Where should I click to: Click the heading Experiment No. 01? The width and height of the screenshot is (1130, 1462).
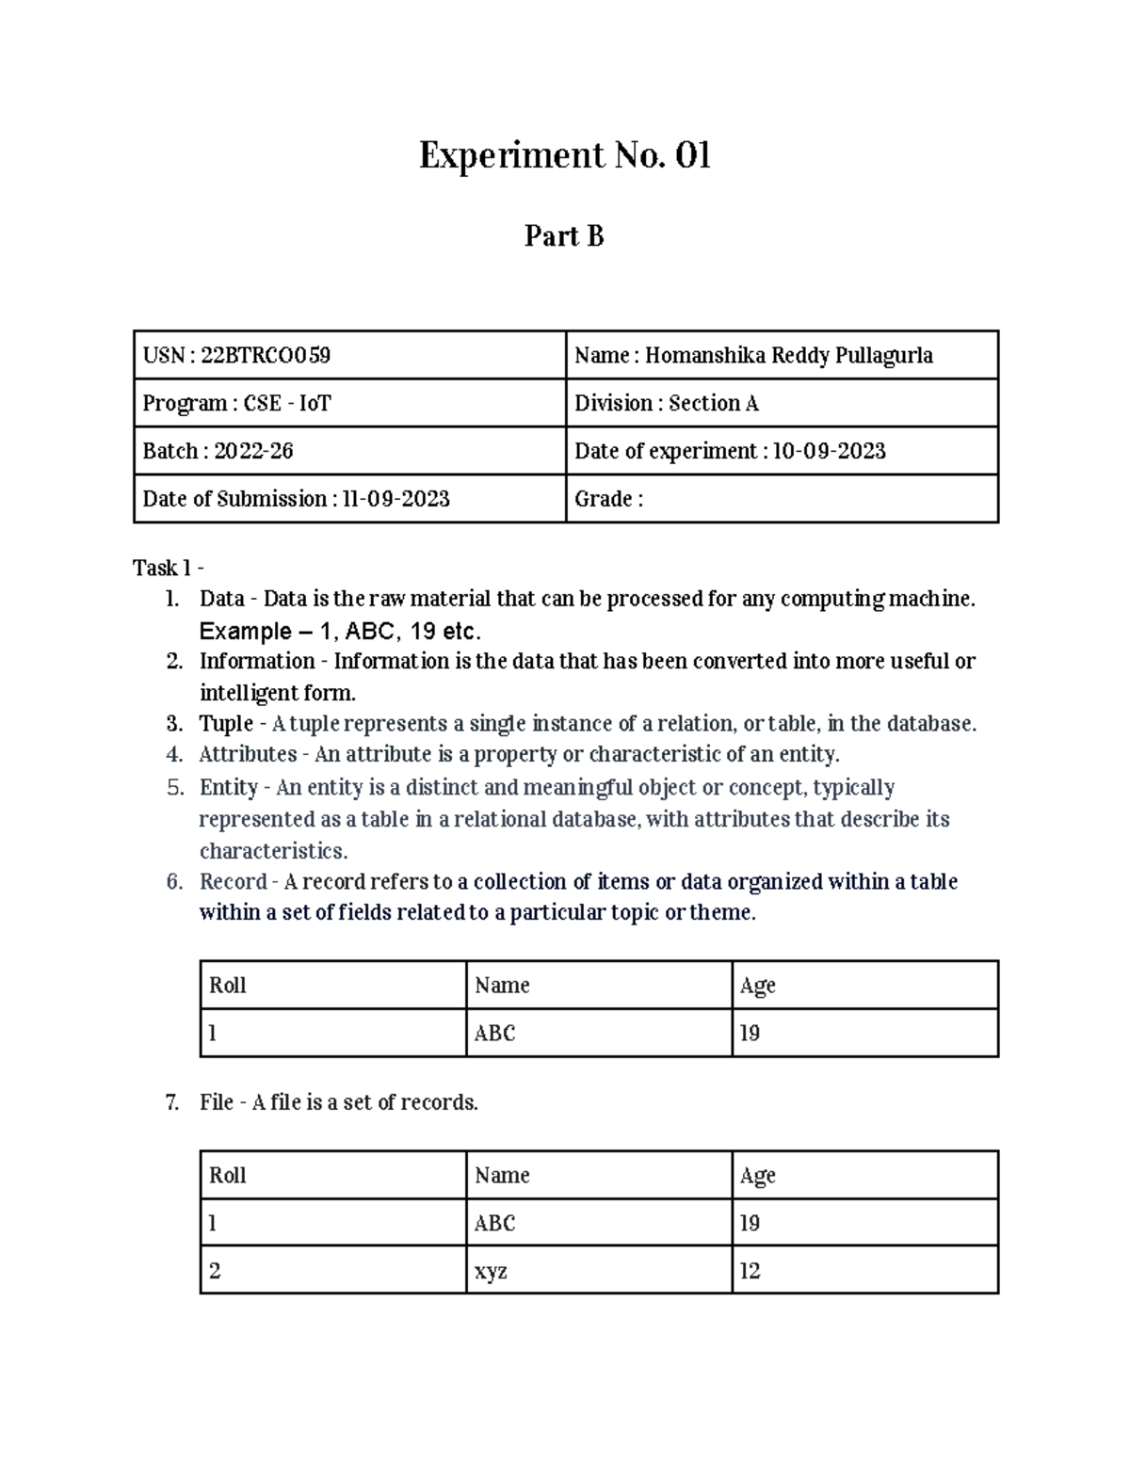click(564, 155)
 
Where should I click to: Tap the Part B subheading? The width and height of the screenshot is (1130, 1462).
click(564, 235)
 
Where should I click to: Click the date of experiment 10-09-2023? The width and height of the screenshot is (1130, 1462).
click(829, 451)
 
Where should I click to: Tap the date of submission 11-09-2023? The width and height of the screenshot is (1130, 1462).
click(395, 499)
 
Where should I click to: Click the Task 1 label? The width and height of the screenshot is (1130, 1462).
click(169, 568)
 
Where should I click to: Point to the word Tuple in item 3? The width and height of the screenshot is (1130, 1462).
click(226, 723)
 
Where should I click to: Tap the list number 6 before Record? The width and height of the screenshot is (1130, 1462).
click(173, 881)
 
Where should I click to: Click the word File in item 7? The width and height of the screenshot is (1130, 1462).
click(216, 1101)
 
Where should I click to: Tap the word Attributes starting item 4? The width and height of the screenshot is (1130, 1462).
click(248, 754)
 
